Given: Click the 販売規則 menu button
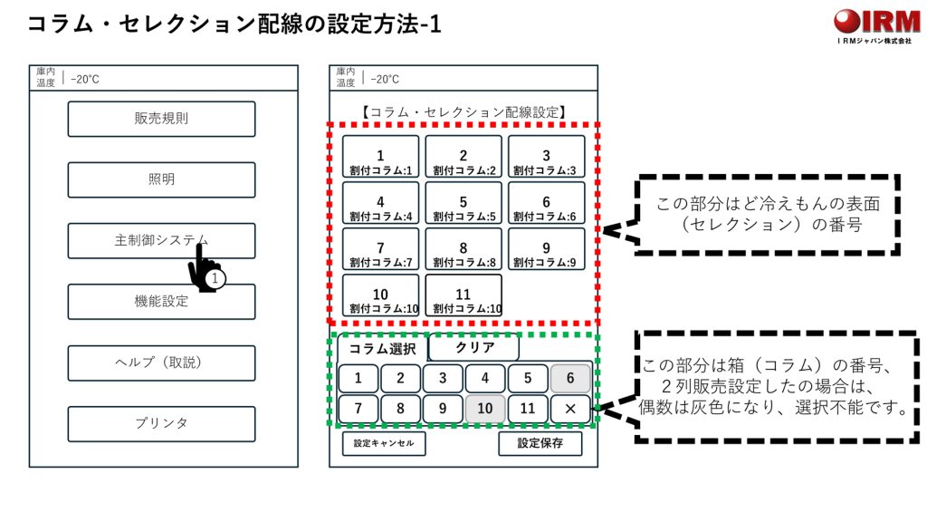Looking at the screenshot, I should click(161, 119).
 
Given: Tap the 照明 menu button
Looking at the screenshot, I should click(161, 179).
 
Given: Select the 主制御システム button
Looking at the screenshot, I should click(161, 240).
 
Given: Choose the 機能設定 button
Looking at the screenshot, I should click(161, 302).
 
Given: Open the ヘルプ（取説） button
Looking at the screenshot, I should click(161, 362).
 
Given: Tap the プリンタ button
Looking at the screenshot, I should click(161, 423).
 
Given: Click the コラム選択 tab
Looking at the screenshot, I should click(382, 348).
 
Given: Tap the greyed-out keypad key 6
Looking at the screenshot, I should click(570, 379).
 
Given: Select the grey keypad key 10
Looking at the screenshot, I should click(485, 409).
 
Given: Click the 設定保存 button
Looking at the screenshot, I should click(540, 443).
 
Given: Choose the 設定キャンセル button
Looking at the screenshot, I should click(384, 443).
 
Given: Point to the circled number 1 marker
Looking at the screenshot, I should click(215, 279).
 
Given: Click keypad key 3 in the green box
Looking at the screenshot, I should click(443, 379).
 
